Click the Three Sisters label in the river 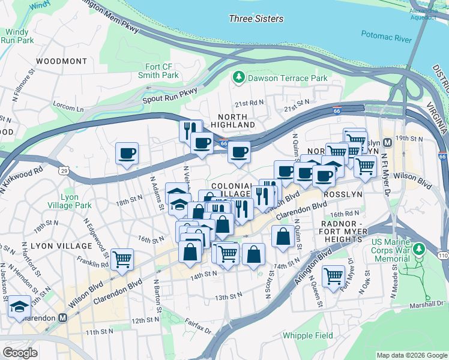pos(256,19)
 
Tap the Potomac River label pos(386,38)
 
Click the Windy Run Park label pos(17,36)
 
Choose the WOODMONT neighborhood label pos(61,61)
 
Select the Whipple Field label pos(303,335)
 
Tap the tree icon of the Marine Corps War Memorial pos(420,248)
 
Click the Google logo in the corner pos(20,353)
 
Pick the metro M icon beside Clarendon pos(62,317)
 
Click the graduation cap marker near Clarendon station pos(20,306)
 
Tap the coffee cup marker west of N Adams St pos(127,153)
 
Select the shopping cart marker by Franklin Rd pos(122,259)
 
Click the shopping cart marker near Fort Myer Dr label pos(333,276)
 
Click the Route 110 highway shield pos(442,256)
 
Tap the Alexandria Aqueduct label pos(424,14)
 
